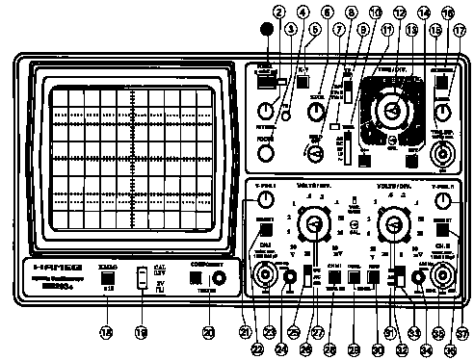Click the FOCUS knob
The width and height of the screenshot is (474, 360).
click(x=268, y=150)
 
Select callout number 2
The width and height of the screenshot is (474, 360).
click(x=279, y=13)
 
